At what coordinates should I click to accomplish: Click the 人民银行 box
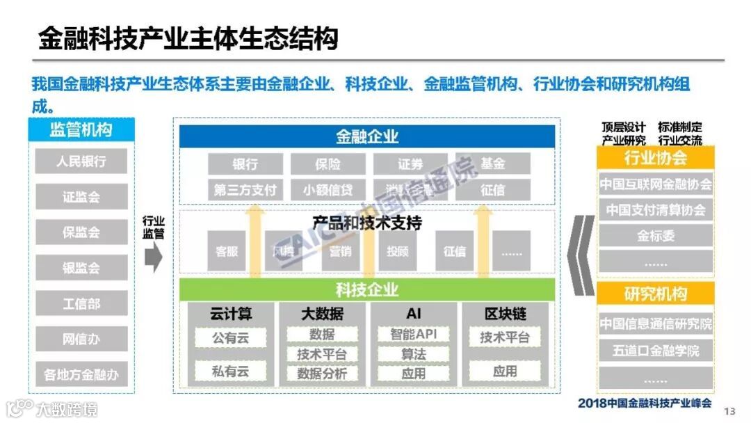(x=81, y=161)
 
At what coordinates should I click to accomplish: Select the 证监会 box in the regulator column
(x=81, y=197)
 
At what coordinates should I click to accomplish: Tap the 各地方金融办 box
(x=81, y=374)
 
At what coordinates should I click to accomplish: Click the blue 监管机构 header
(x=81, y=130)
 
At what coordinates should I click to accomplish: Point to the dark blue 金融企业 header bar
(x=367, y=136)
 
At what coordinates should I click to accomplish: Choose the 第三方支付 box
(x=245, y=189)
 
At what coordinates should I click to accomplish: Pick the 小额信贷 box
(x=328, y=189)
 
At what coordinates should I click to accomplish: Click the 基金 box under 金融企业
(x=492, y=164)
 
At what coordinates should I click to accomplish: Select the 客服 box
(x=227, y=251)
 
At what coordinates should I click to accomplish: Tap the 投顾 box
(x=398, y=251)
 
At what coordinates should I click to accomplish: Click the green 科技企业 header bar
(x=367, y=289)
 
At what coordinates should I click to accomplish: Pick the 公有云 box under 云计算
(x=230, y=338)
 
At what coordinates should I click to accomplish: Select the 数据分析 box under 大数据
(x=322, y=374)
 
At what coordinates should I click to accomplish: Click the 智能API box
(x=413, y=335)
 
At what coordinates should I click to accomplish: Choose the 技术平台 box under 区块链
(x=504, y=338)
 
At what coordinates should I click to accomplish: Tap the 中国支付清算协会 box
(x=655, y=209)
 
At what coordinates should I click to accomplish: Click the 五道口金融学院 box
(x=655, y=351)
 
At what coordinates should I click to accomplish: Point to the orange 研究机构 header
(x=655, y=294)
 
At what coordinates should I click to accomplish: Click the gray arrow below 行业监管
(x=154, y=257)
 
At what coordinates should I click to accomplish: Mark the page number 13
(x=729, y=411)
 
